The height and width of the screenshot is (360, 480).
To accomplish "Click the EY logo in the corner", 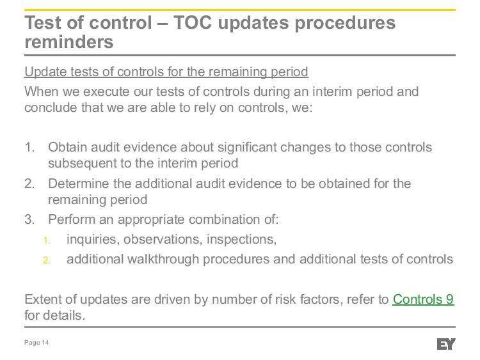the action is [x=446, y=344].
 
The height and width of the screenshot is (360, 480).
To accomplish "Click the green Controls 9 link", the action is [x=423, y=299].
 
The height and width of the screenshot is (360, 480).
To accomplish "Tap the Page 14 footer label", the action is [x=36, y=343].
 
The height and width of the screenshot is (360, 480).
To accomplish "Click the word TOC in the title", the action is [x=193, y=22].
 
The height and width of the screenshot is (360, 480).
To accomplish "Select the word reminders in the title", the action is [x=69, y=42].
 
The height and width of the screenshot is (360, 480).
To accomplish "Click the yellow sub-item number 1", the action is [x=47, y=240].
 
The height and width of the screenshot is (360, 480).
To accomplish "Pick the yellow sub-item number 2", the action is [x=47, y=260].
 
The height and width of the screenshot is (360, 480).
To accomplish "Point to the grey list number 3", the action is [x=29, y=219].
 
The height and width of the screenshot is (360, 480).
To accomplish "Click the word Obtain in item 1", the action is [x=67, y=147].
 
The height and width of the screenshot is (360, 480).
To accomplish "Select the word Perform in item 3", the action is [x=72, y=219].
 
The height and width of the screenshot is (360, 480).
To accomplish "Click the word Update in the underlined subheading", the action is [x=45, y=72].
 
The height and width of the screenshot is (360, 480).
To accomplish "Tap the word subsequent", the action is [x=82, y=163].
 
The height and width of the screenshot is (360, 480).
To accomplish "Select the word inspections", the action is [x=241, y=239].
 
